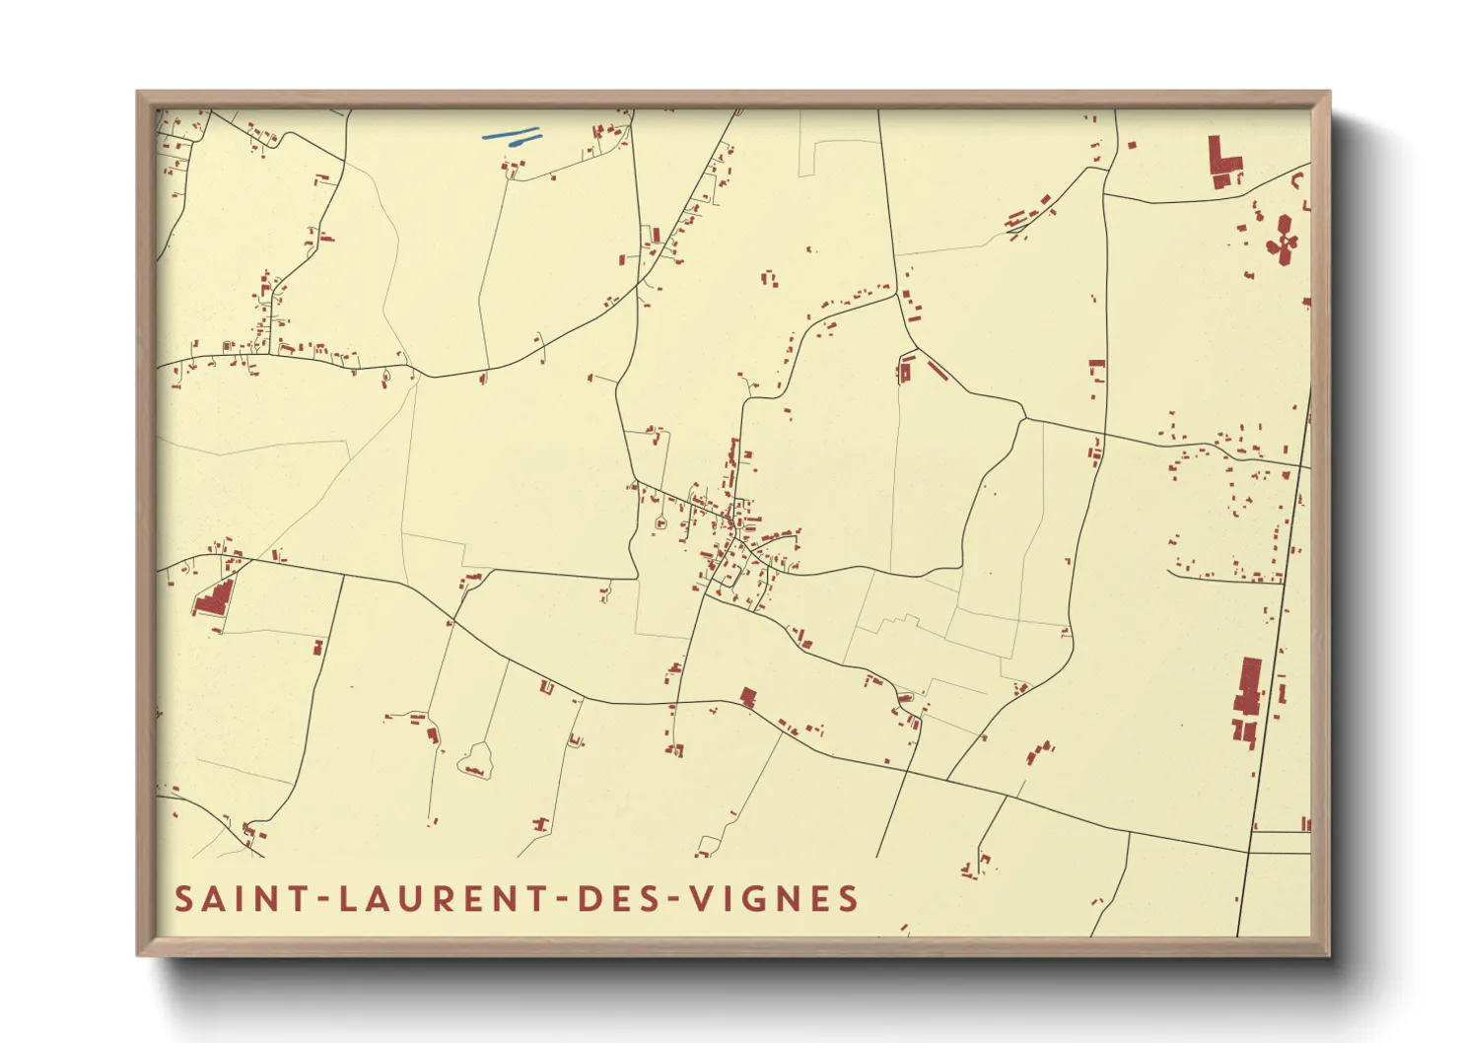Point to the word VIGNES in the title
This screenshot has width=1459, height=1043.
click(773, 899)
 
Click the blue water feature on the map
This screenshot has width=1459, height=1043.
click(513, 135)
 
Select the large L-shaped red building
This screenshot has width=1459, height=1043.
click(1223, 163)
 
